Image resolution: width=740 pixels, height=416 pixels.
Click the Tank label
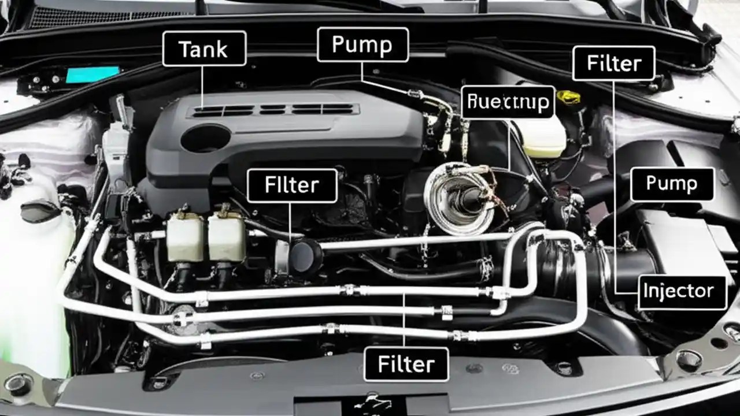(204, 49)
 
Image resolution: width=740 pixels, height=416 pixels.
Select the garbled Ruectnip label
(508, 102)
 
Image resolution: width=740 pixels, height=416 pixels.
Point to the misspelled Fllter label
(291, 185)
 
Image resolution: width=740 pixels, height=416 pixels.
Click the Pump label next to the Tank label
(362, 45)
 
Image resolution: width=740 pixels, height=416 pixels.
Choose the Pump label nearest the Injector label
(671, 184)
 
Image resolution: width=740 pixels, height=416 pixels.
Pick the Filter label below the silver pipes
(406, 364)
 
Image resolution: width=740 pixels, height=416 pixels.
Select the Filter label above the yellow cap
(613, 62)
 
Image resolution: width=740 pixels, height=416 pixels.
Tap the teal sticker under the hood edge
(92, 75)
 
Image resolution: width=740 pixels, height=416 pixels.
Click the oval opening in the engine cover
(205, 139)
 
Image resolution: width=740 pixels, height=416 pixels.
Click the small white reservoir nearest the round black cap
(227, 237)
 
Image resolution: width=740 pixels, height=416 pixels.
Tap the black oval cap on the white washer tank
(40, 211)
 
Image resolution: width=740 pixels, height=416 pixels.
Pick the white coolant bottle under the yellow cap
(542, 136)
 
